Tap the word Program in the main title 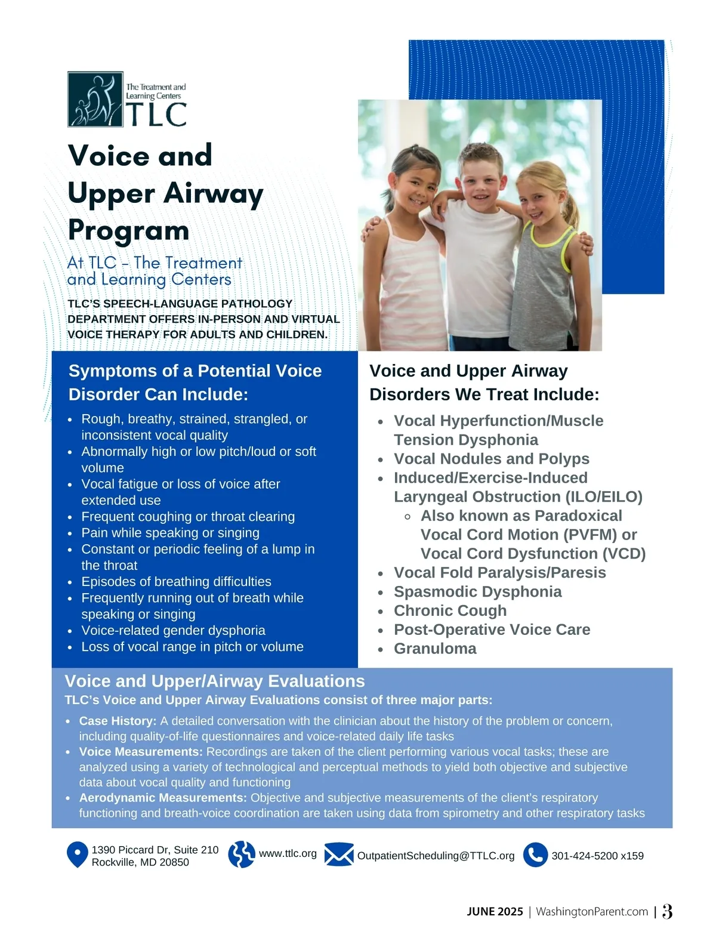(x=128, y=230)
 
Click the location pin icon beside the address (x=77, y=855)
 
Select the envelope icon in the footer (x=339, y=855)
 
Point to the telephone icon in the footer (x=535, y=854)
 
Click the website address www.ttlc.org (x=288, y=853)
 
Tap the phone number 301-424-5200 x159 (x=597, y=856)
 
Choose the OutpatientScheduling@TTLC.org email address (x=436, y=856)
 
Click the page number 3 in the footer (x=667, y=911)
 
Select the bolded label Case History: (x=118, y=721)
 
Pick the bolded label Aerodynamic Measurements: (x=163, y=798)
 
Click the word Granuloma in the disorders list (x=435, y=649)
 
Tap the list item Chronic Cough (x=450, y=610)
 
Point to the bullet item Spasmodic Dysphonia (x=477, y=591)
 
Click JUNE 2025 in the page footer (x=495, y=912)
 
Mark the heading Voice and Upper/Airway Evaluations (x=215, y=681)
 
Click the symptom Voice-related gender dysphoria (x=173, y=630)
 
